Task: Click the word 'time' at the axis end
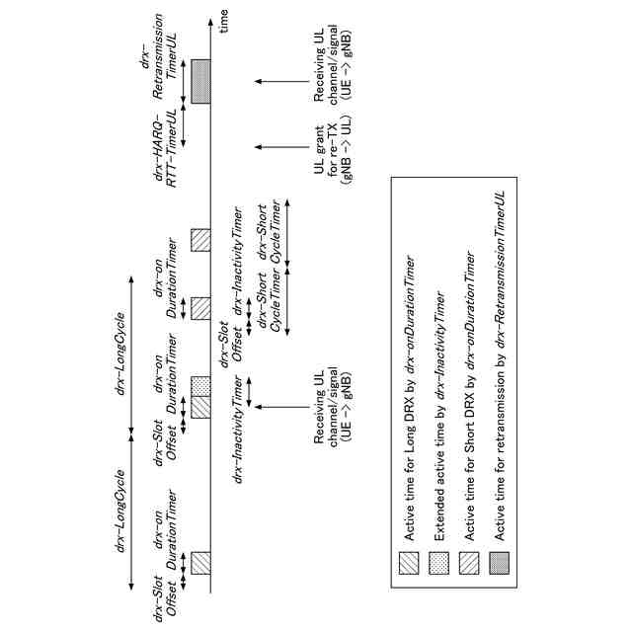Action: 224,24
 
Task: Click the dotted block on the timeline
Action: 200,381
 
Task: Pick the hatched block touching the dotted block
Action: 200,406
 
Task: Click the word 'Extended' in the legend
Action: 439,514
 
